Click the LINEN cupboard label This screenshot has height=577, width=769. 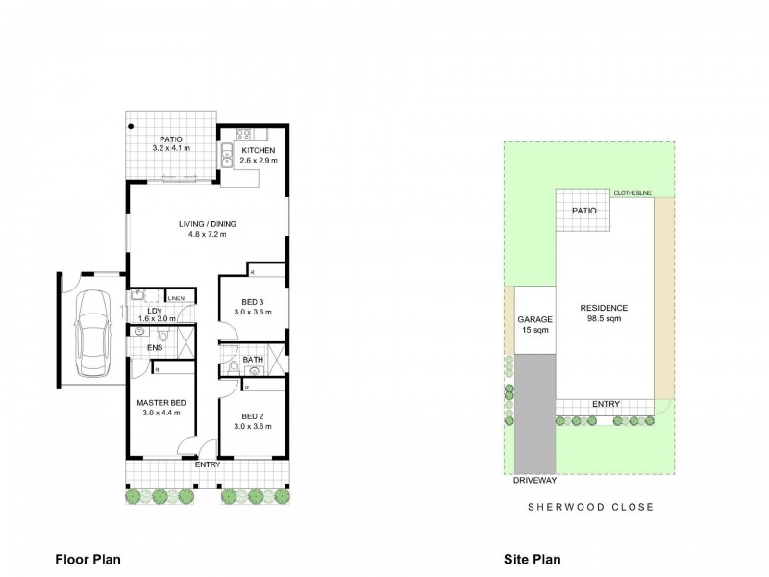(x=180, y=296)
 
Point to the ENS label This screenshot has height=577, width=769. (x=154, y=347)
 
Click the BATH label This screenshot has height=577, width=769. (x=253, y=360)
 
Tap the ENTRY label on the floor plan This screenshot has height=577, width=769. (x=207, y=465)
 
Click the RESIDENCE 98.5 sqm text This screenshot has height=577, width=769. (x=604, y=313)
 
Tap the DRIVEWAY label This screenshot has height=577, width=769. (x=534, y=479)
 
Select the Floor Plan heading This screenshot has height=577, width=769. (x=87, y=558)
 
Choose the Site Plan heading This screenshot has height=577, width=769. (x=533, y=558)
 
